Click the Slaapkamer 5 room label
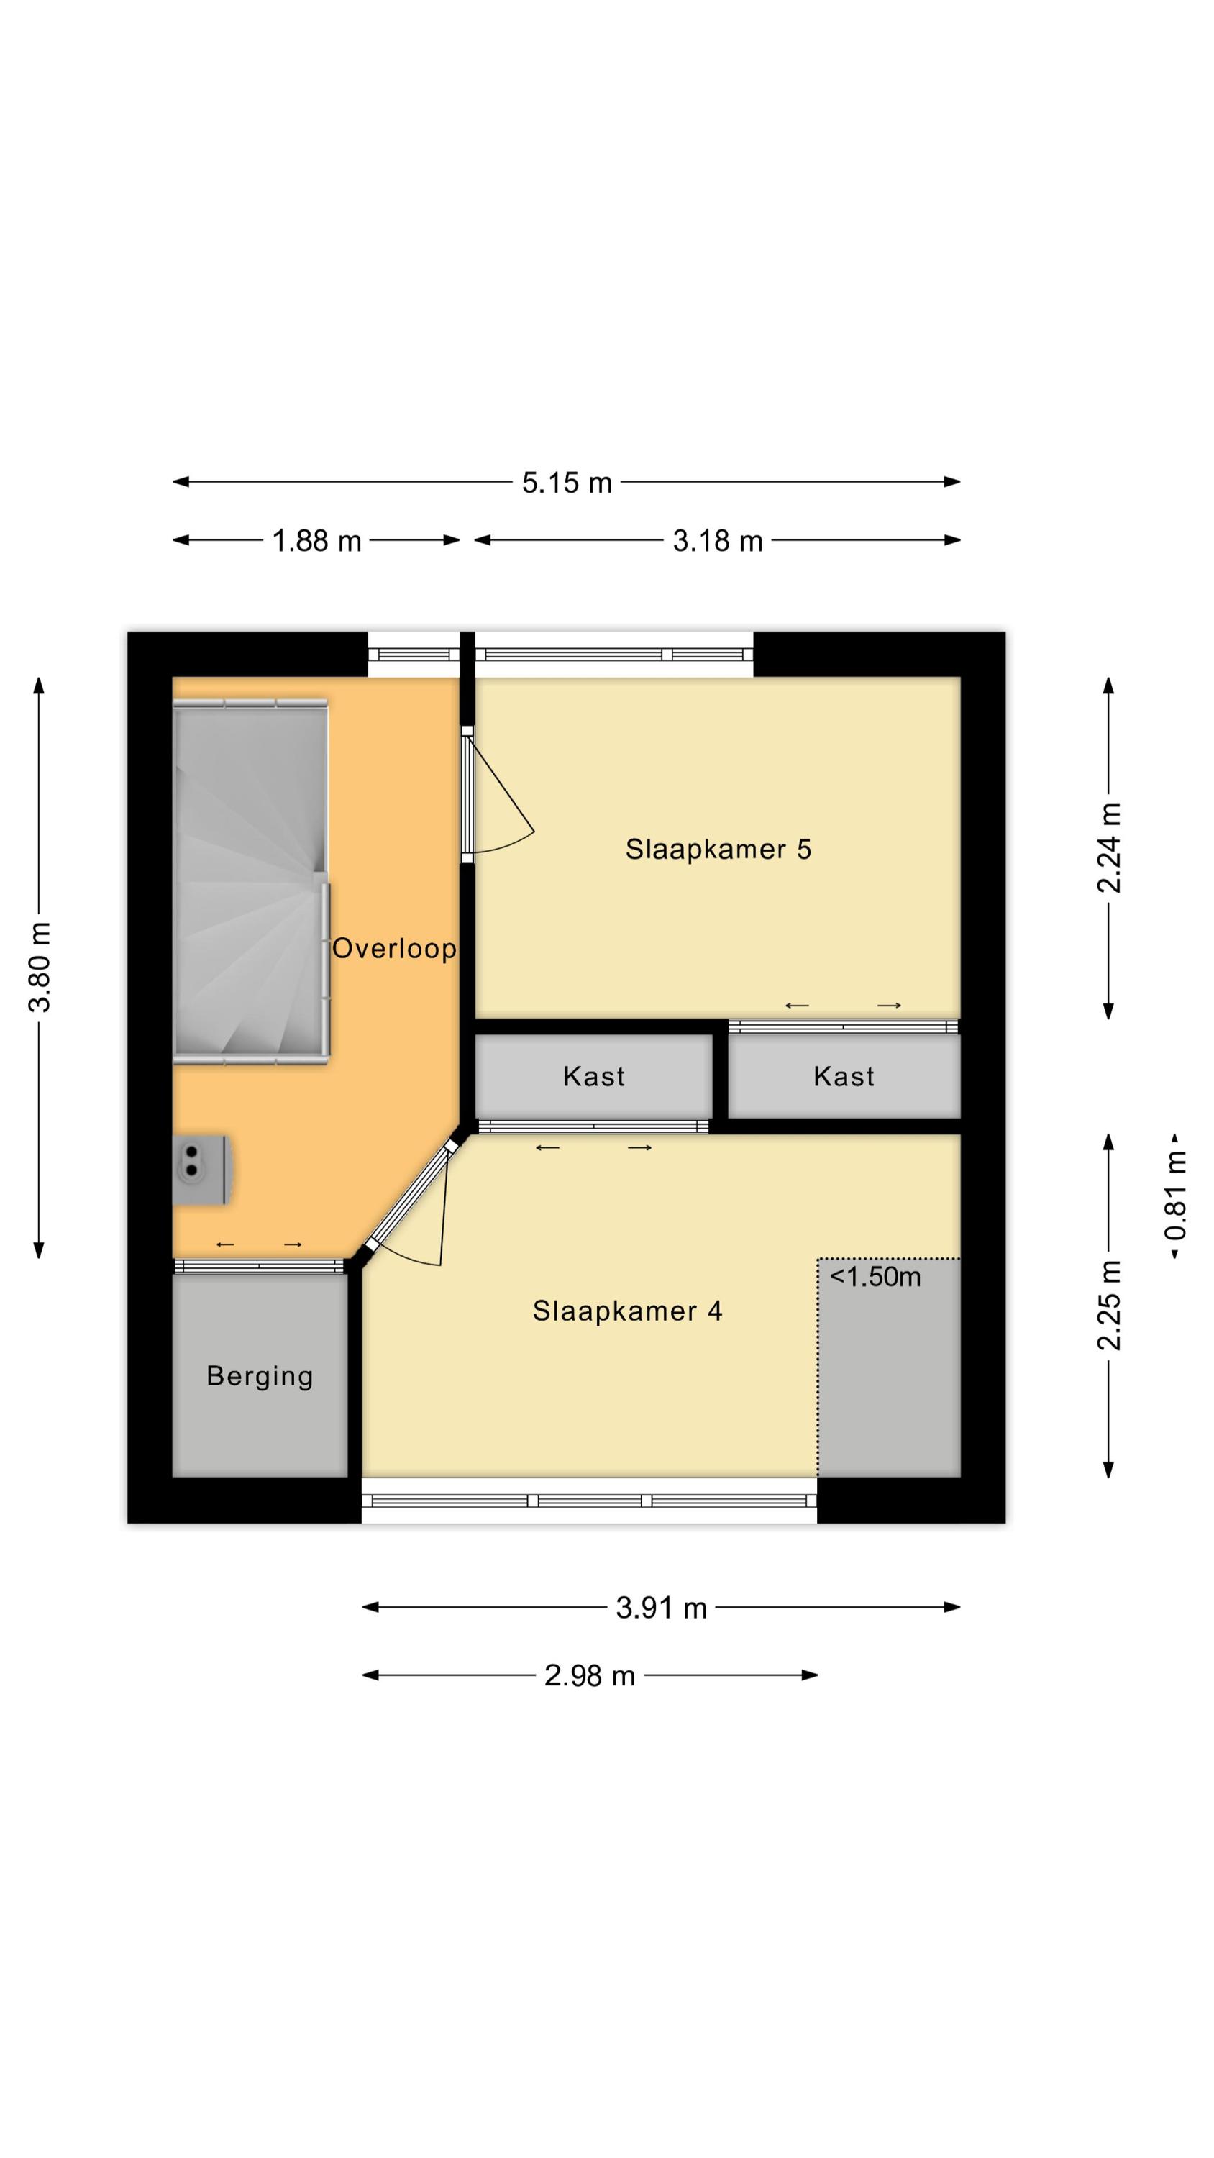718,850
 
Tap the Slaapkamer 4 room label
628,1311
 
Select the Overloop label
395,948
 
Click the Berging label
260,1376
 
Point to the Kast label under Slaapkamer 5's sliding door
844,1077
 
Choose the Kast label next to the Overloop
594,1077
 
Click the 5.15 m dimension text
567,483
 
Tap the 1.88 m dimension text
316,541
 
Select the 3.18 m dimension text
718,541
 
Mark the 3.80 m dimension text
40,967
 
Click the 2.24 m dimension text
1109,848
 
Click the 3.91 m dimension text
661,1608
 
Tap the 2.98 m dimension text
590,1676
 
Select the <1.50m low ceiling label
875,1277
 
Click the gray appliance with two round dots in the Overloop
201,1170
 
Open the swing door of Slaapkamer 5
498,793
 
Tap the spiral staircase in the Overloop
250,880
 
